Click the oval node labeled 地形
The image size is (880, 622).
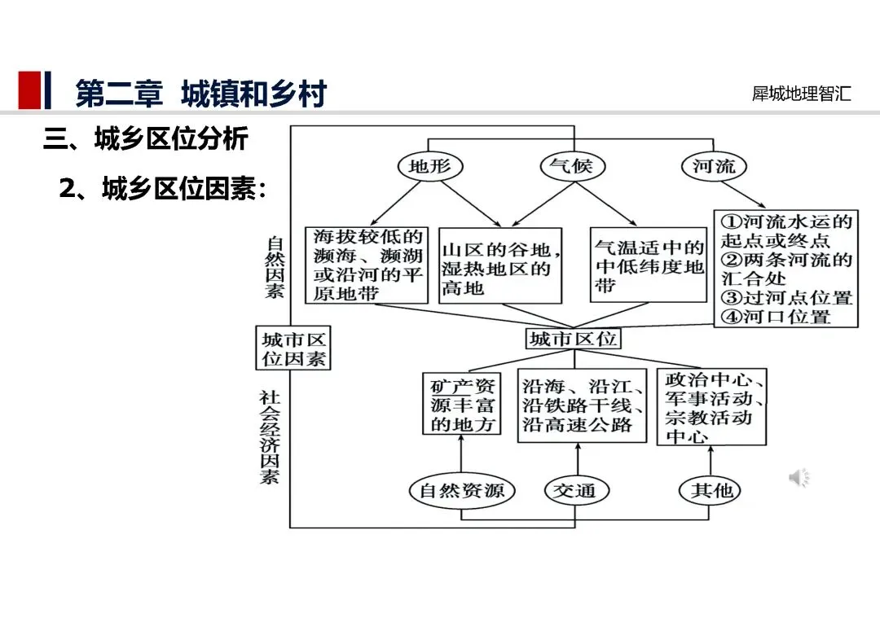pos(430,167)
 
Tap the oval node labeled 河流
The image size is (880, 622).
pos(714,167)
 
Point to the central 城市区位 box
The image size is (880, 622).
pos(573,339)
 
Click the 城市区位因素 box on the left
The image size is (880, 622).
pos(294,348)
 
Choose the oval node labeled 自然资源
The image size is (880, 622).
pos(462,490)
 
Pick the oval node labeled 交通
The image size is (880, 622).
pos(575,490)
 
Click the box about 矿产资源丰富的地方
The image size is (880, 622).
pos(463,404)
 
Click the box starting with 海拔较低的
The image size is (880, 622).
pos(367,265)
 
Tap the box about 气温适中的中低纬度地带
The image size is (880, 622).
pos(649,265)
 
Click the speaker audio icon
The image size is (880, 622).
pos(799,478)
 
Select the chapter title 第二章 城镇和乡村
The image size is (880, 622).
pos(200,93)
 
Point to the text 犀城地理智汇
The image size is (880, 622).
pos(802,94)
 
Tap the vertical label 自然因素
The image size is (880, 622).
pos(275,267)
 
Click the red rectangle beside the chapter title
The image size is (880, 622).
pos(29,90)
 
